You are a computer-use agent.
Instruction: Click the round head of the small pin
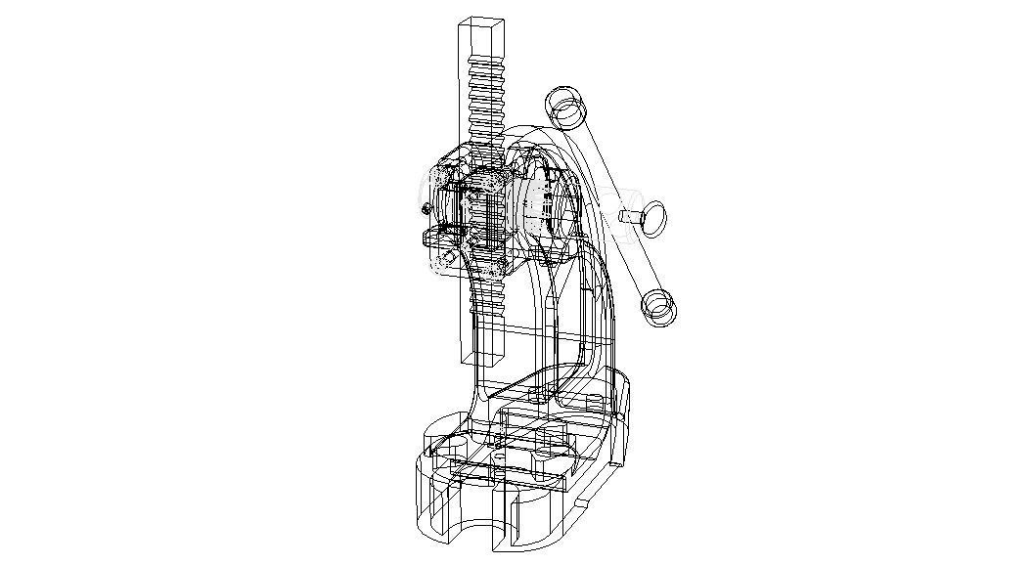tap(651, 216)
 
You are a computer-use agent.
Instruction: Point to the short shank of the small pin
tap(628, 216)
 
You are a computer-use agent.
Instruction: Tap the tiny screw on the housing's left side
tap(425, 209)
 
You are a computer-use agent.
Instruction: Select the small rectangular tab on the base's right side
tap(582, 503)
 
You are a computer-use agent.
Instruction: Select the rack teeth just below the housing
tap(488, 293)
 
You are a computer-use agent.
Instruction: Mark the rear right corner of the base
tap(626, 391)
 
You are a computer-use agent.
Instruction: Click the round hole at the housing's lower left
tap(448, 259)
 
